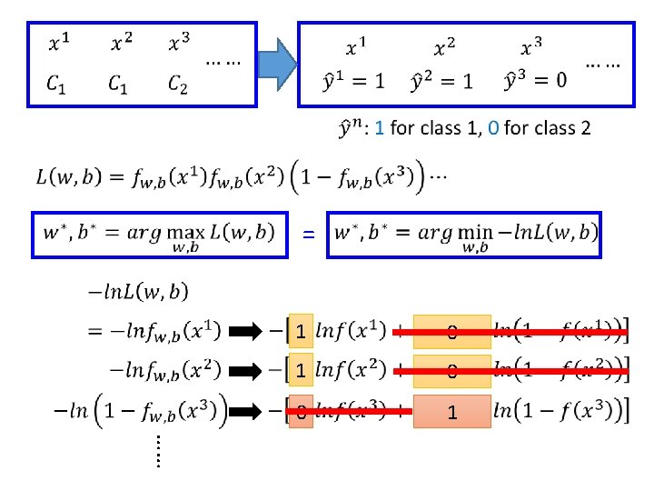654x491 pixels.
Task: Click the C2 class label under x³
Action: click(x=178, y=85)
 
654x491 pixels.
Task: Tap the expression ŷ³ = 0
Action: click(x=535, y=81)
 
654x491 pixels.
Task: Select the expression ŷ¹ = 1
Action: click(x=353, y=81)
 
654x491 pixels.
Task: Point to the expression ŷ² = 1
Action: click(x=441, y=81)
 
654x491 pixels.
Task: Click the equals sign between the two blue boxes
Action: click(x=309, y=235)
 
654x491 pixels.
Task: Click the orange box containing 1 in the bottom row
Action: click(x=451, y=412)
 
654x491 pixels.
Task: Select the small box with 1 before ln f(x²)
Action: click(x=300, y=371)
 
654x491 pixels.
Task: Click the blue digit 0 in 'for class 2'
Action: click(x=491, y=128)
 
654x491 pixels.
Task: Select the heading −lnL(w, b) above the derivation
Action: click(x=138, y=292)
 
